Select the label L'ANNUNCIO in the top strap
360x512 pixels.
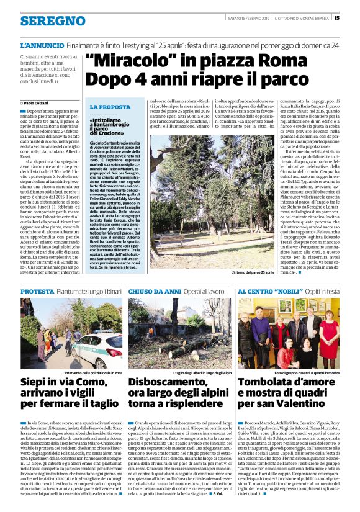coord(41,45)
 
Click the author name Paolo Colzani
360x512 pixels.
coord(35,103)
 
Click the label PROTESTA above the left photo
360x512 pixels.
coord(37,290)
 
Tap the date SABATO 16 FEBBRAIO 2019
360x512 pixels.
coord(247,18)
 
